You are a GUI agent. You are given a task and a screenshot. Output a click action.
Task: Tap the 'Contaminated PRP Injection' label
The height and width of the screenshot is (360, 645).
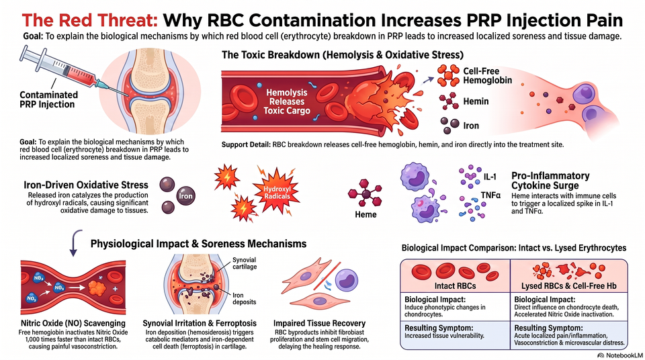click(48, 99)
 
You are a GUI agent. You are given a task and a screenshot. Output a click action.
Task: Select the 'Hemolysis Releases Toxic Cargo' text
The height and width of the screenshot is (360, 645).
click(287, 101)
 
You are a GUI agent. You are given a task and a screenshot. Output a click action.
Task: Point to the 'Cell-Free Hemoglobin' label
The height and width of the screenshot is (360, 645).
click(488, 76)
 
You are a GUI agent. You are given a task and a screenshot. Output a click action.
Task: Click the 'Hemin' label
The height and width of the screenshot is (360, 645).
click(476, 101)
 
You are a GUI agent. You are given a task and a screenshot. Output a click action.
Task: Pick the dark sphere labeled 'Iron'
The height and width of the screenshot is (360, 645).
click(185, 196)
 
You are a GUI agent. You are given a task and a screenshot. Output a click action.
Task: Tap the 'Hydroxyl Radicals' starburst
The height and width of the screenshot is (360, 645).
click(277, 192)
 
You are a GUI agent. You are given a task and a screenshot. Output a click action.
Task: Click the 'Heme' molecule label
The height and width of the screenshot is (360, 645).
click(365, 214)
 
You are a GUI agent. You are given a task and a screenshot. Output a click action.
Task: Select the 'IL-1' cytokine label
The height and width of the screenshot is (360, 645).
click(490, 177)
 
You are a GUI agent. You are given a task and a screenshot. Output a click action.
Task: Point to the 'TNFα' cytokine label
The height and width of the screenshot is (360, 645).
click(490, 195)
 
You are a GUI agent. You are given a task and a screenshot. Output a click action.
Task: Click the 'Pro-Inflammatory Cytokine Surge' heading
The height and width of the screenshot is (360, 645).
click(550, 181)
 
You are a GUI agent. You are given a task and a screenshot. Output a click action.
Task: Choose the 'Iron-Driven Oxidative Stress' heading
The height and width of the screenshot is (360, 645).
click(86, 185)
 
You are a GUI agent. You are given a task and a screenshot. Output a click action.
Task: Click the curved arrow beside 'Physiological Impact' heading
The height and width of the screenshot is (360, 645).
click(74, 242)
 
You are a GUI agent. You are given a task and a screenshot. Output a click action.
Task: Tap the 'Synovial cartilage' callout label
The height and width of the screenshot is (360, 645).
click(245, 263)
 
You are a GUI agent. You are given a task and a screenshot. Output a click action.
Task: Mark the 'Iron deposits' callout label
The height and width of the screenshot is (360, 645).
click(245, 299)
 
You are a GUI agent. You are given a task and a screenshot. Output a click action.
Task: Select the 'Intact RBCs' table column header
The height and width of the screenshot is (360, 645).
click(456, 286)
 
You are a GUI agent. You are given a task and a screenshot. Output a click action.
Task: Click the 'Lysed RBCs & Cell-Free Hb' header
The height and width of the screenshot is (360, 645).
click(569, 286)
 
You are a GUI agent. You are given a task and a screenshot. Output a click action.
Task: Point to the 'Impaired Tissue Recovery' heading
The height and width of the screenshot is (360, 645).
click(319, 323)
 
